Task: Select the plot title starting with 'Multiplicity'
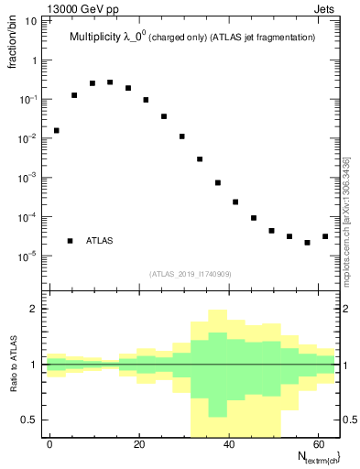pos(192,38)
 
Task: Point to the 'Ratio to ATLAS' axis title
pos(13,365)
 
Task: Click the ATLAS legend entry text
pos(99,241)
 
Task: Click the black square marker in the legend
pos(71,241)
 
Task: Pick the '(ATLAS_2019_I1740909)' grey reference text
pos(191,274)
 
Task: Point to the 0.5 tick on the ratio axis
pos(29,420)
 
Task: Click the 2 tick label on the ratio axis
pos(34,309)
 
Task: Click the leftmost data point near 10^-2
pos(56,130)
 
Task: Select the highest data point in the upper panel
pos(110,82)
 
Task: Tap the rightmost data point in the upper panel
pos(325,236)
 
